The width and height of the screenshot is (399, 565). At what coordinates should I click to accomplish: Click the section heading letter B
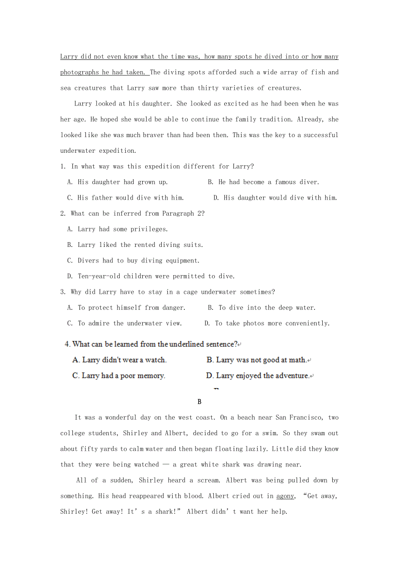(x=199, y=402)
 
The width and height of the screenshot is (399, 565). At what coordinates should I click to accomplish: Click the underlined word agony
(x=285, y=496)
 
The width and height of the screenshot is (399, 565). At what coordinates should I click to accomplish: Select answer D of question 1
(x=275, y=198)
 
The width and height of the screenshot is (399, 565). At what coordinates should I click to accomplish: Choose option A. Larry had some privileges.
(x=118, y=229)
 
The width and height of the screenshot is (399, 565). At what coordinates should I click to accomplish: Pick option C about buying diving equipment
(x=133, y=261)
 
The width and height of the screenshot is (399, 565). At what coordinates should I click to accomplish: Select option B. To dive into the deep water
(x=262, y=308)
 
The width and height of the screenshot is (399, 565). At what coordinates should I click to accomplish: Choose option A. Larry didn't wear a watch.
(x=120, y=360)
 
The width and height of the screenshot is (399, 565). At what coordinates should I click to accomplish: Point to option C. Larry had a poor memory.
(x=119, y=376)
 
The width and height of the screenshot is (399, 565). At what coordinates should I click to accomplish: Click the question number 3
(x=63, y=292)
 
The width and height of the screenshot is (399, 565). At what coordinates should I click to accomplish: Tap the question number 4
(x=67, y=344)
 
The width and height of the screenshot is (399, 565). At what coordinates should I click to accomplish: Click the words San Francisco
(x=299, y=417)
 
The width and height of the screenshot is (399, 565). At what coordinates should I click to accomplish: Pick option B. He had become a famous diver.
(x=263, y=182)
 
